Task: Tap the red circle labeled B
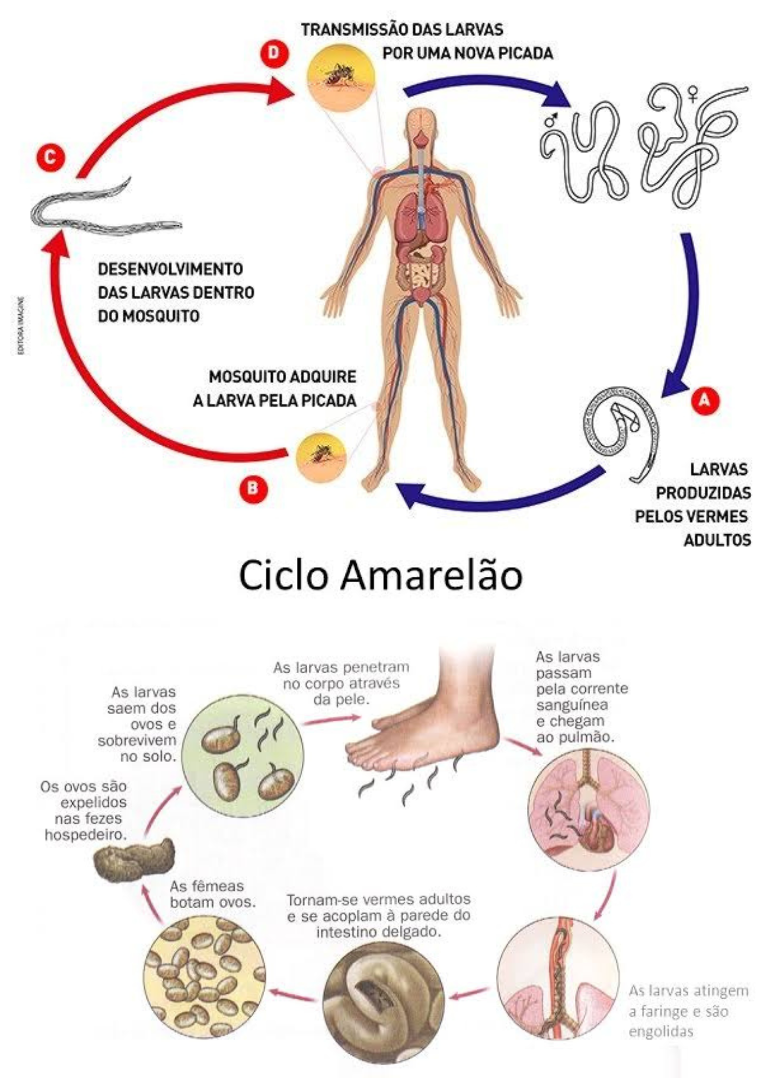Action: tap(253, 488)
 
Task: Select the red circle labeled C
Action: tap(50, 157)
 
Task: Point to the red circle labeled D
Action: tap(274, 53)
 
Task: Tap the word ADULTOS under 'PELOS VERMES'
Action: tap(717, 540)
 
